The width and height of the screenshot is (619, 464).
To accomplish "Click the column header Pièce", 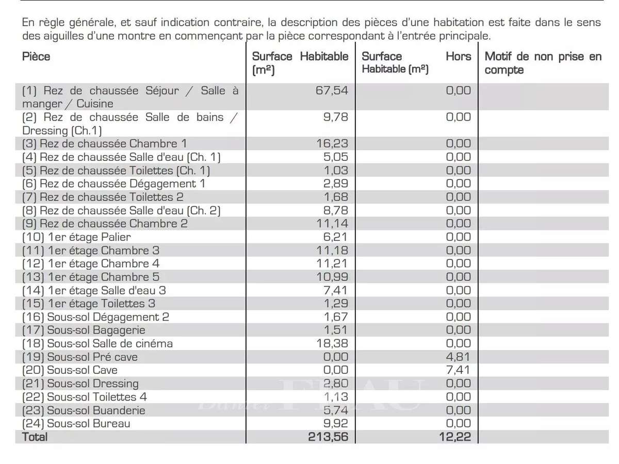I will pyautogui.click(x=36, y=57).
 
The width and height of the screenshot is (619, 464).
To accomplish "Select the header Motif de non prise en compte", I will pyautogui.click(x=543, y=63).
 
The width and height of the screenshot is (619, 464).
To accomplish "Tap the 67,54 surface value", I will pyautogui.click(x=332, y=91).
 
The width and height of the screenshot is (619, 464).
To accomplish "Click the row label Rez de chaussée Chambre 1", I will pyautogui.click(x=105, y=143).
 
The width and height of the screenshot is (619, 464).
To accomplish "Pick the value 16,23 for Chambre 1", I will pyautogui.click(x=332, y=143).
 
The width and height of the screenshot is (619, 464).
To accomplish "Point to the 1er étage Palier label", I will pyautogui.click(x=76, y=237).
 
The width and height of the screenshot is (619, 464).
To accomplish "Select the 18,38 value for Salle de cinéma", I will pyautogui.click(x=332, y=343).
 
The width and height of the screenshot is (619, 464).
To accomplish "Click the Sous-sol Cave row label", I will pyautogui.click(x=70, y=370).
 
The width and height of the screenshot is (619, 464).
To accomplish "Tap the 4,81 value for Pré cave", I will pyautogui.click(x=459, y=357).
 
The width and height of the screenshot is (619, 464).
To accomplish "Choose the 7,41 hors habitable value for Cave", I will pyautogui.click(x=459, y=370).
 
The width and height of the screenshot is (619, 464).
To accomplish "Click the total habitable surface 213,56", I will pyautogui.click(x=329, y=437).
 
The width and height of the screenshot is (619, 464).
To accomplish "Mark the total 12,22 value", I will pyautogui.click(x=455, y=437).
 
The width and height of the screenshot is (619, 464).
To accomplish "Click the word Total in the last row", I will pyautogui.click(x=35, y=437).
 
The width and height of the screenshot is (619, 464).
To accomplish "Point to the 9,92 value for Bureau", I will pyautogui.click(x=335, y=424).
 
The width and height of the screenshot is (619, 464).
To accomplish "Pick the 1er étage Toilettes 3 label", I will pyautogui.click(x=88, y=304).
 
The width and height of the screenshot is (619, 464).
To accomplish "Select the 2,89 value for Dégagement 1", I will pyautogui.click(x=335, y=184).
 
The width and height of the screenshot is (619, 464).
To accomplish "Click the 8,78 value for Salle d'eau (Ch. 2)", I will pyautogui.click(x=335, y=210).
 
